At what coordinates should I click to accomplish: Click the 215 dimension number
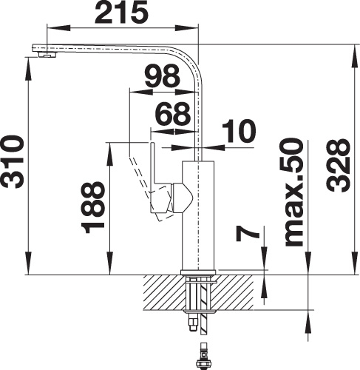(x=122, y=12)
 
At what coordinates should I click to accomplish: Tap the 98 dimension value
(x=162, y=76)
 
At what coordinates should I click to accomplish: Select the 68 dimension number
(x=173, y=114)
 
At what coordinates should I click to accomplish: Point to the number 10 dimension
(x=239, y=132)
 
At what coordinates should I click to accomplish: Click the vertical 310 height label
(x=13, y=161)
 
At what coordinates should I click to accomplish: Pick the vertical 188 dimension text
(x=93, y=208)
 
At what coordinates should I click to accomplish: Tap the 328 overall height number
(x=339, y=166)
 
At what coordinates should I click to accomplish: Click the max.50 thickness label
(x=293, y=192)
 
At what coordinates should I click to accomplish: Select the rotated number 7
(x=247, y=235)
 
